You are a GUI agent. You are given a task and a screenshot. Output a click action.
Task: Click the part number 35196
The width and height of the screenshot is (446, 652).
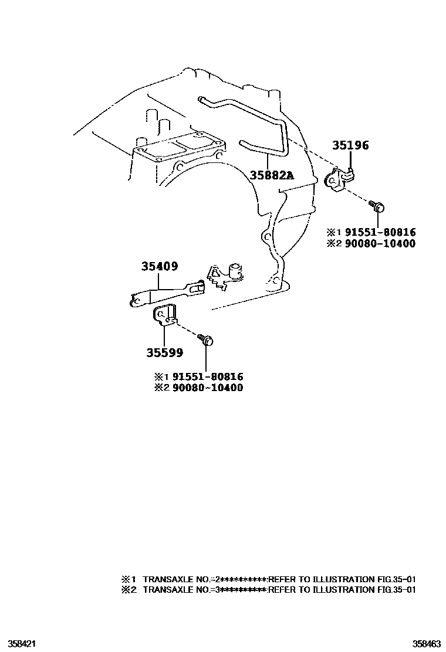click(x=350, y=145)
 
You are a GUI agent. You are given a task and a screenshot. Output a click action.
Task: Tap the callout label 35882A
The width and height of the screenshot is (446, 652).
click(x=272, y=175)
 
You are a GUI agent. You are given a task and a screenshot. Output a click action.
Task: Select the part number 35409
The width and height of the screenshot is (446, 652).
click(x=160, y=266)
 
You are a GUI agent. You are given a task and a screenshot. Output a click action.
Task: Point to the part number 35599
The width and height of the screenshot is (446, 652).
click(x=164, y=352)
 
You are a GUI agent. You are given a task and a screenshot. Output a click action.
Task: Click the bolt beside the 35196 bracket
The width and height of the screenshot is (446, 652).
click(x=377, y=206)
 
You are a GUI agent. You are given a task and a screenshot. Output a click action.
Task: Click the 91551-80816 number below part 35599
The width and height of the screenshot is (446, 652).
click(x=208, y=377)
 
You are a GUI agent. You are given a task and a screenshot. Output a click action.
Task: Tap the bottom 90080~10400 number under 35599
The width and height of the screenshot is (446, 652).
click(x=208, y=388)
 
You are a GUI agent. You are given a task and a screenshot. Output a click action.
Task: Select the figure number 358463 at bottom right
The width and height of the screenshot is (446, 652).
click(x=427, y=644)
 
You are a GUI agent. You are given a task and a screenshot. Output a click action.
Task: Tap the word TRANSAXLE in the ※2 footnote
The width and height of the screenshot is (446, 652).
click(x=162, y=589)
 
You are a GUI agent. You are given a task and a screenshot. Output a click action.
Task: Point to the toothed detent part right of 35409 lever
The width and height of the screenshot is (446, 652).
click(x=225, y=275)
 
